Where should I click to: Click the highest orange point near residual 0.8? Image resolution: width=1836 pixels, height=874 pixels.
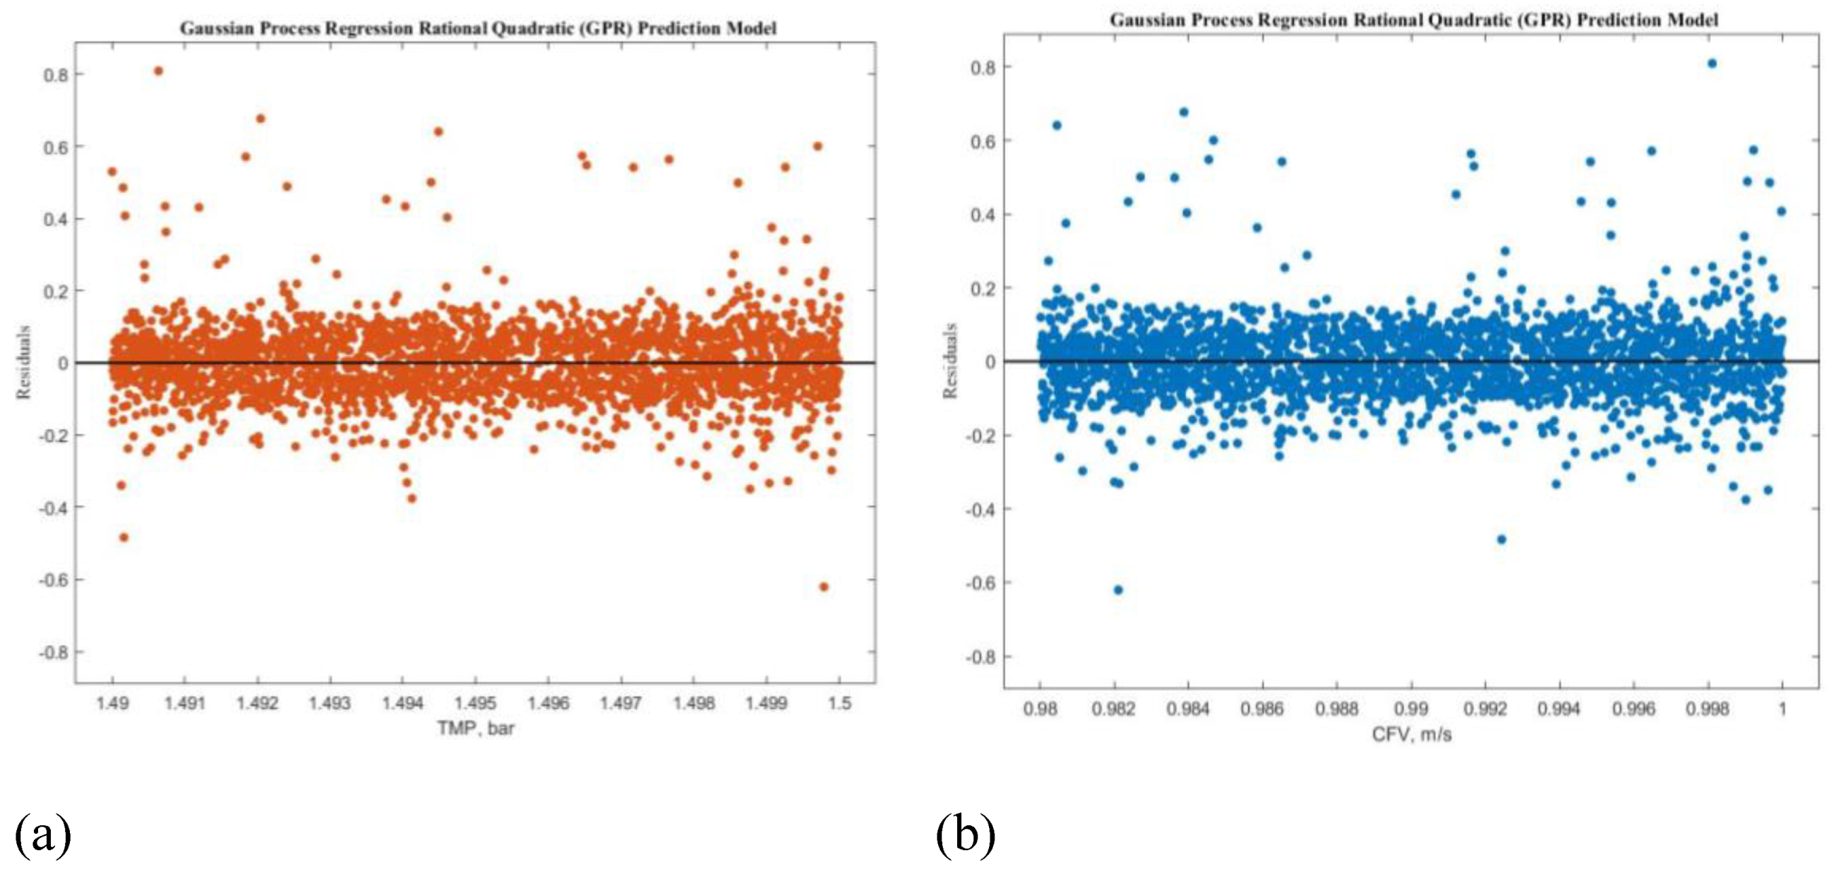tap(158, 71)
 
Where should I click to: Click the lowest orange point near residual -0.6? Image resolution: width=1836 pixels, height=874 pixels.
tap(824, 587)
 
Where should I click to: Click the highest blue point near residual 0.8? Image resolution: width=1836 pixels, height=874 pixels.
tap(1712, 64)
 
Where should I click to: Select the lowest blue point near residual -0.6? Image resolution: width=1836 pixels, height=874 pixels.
tap(1118, 589)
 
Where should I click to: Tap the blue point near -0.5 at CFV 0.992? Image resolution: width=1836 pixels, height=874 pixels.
tap(1501, 539)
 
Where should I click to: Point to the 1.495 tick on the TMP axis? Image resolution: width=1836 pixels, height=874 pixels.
tap(476, 704)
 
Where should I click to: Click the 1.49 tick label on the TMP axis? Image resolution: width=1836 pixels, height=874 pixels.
tap(112, 704)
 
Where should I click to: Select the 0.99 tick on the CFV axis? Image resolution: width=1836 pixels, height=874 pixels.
tap(1411, 709)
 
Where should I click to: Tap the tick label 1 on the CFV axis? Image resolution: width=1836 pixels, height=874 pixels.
tap(1782, 709)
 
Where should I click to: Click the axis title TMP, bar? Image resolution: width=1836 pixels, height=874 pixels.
tap(475, 729)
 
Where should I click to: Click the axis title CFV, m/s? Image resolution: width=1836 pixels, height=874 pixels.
tap(1411, 734)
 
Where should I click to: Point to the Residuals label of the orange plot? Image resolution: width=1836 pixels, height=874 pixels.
tap(24, 362)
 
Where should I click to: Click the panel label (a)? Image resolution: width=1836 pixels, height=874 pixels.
tap(43, 834)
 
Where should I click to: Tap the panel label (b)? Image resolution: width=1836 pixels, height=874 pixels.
tap(965, 834)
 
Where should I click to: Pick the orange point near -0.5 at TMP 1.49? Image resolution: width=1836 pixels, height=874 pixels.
tap(124, 537)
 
